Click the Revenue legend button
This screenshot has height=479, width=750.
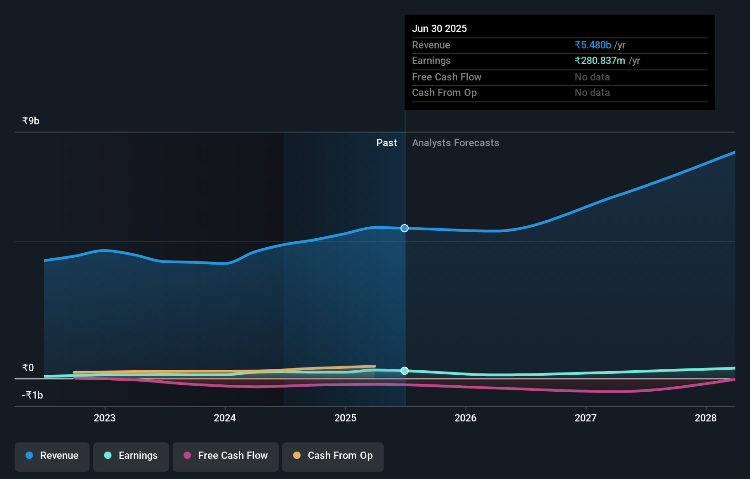click(x=52, y=456)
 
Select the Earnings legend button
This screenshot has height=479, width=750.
click(x=131, y=456)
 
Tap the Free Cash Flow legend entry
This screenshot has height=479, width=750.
click(x=226, y=456)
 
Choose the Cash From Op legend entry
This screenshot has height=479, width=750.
click(x=333, y=456)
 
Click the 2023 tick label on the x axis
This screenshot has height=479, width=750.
click(x=105, y=418)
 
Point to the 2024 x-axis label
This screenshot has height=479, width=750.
click(x=225, y=418)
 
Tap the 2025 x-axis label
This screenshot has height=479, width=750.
click(x=345, y=418)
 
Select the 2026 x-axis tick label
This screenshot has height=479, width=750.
click(x=465, y=418)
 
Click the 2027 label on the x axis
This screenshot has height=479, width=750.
click(x=586, y=418)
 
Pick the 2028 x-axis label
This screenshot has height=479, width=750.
click(x=706, y=418)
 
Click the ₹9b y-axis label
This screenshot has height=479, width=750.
click(x=31, y=121)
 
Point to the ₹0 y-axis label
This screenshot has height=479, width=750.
click(x=28, y=367)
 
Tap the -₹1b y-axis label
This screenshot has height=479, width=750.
click(x=32, y=395)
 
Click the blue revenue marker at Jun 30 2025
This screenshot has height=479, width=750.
click(x=405, y=228)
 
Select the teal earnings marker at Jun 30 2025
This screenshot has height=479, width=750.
click(x=405, y=371)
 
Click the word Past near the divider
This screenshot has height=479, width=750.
click(x=386, y=143)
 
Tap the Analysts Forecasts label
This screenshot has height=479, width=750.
click(x=455, y=143)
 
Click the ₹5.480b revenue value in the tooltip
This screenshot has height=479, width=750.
click(x=593, y=45)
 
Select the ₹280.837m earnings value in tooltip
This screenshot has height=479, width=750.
click(x=600, y=60)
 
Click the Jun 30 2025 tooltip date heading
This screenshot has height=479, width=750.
click(x=439, y=28)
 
